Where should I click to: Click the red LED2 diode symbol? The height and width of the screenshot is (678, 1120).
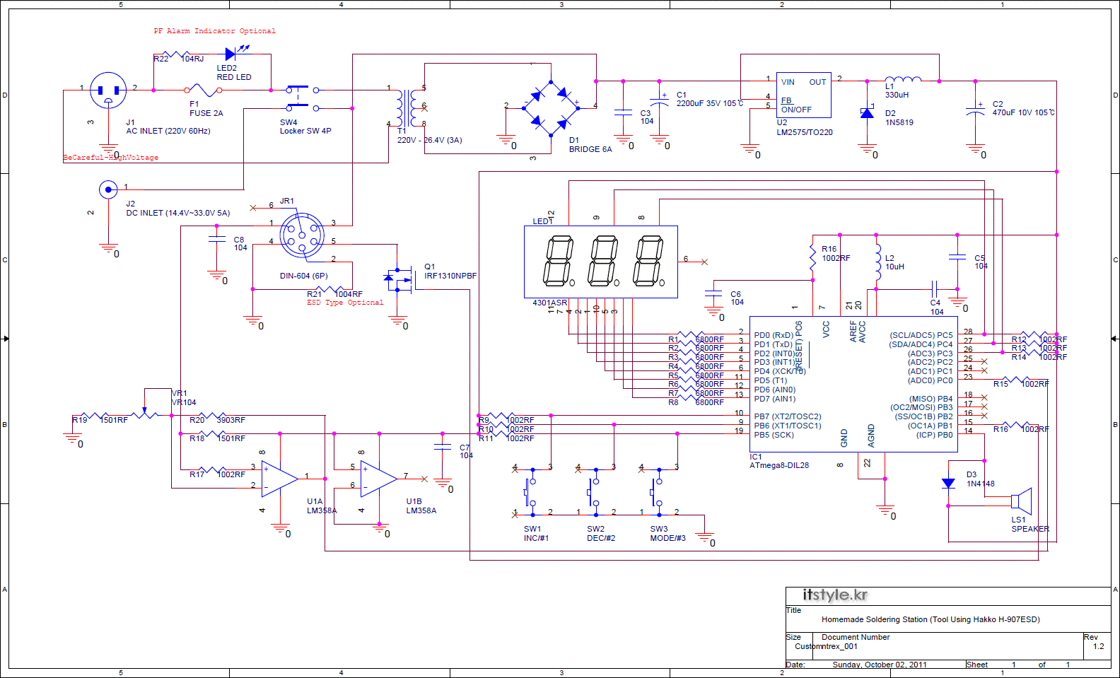pos(231,54)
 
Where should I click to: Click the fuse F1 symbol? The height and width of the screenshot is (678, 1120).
pos(204,90)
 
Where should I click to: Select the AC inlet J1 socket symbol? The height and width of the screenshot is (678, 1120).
pos(108,90)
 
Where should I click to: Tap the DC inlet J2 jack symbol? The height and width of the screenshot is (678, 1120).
pos(107,189)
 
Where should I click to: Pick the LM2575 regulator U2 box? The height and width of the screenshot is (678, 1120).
pos(803,95)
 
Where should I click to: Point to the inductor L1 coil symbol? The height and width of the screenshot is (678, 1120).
pos(903,79)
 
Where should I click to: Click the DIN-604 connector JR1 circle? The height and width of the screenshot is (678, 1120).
pos(302,235)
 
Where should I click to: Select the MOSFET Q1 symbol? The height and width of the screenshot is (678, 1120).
pos(399,279)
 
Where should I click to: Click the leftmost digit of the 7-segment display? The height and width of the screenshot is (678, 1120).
pos(557,262)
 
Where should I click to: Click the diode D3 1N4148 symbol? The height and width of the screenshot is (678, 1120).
pos(948,484)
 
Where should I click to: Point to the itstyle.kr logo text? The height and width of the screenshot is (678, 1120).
pos(834,595)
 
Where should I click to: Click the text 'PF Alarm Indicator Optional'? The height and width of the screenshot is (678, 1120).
pos(214,31)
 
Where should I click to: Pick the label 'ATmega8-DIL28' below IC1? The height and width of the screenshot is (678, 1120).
pos(778,465)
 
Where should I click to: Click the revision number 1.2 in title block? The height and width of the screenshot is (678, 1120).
pos(1098,646)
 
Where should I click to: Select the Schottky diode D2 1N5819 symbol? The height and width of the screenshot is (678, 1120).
pos(867,113)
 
